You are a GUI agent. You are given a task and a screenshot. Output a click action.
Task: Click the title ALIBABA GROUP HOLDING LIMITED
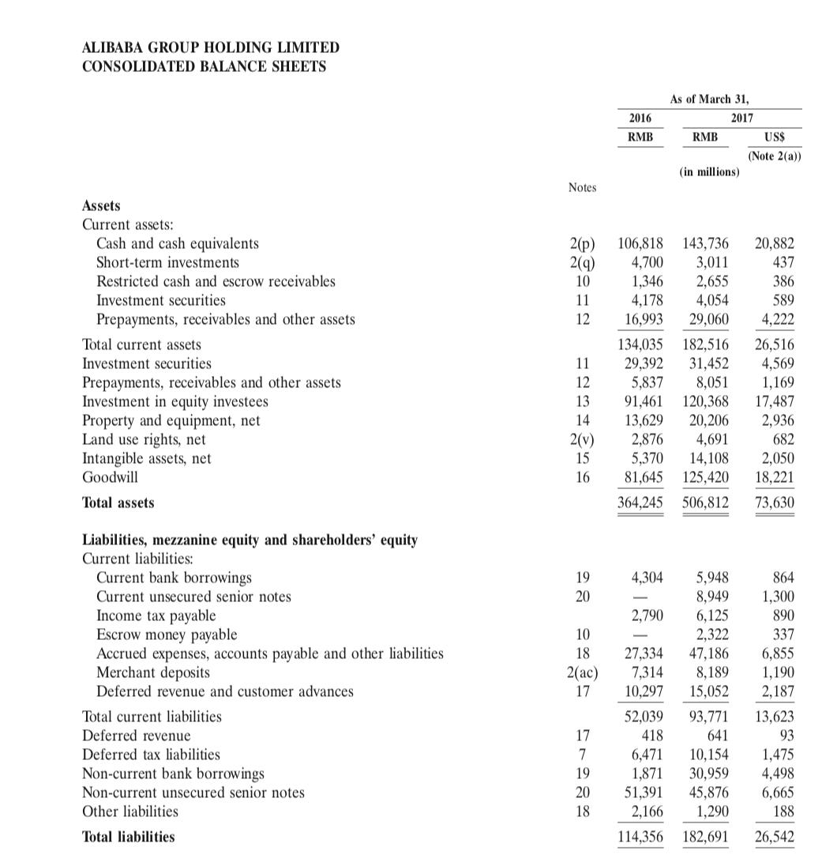[x=211, y=48]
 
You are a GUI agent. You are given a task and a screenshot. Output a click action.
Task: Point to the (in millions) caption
[x=709, y=171]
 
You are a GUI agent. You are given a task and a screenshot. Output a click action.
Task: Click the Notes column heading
[x=582, y=187]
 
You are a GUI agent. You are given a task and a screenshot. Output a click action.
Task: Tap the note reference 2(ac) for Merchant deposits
[x=582, y=672]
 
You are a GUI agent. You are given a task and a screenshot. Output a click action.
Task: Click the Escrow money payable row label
[x=166, y=634]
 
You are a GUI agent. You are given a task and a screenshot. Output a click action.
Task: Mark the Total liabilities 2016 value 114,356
[x=639, y=836]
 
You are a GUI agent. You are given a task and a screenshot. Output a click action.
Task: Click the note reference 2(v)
[x=582, y=439]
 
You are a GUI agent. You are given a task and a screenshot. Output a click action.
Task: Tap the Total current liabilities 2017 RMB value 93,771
[x=708, y=717]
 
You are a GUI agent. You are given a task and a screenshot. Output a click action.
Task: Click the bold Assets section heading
[x=102, y=205]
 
